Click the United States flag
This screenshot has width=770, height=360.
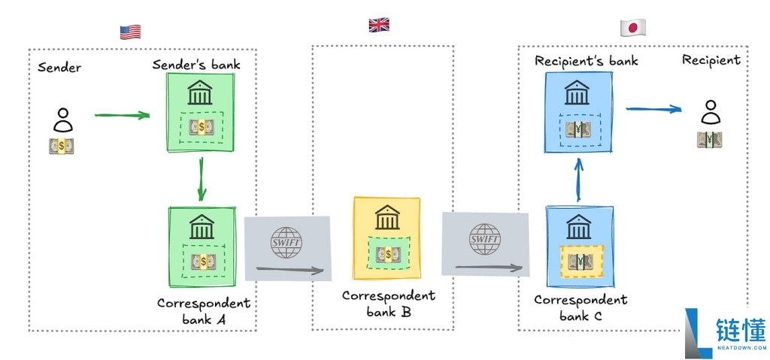(x=130, y=32)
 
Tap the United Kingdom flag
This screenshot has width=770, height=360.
(x=379, y=25)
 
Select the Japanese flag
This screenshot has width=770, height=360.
(x=632, y=27)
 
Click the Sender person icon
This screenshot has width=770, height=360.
(x=63, y=119)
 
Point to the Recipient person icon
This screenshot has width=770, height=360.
(x=710, y=112)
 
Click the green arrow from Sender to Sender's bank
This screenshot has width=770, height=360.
(x=123, y=116)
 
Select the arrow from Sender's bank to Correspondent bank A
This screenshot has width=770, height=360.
(x=201, y=180)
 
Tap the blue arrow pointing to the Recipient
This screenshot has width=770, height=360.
(x=653, y=109)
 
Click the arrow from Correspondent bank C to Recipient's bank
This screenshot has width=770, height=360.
(x=578, y=180)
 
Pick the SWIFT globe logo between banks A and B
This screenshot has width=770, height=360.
(x=286, y=243)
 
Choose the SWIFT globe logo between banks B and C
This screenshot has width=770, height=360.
(x=485, y=239)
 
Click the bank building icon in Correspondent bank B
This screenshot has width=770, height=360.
(x=387, y=217)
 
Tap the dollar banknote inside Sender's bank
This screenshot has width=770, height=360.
(x=202, y=127)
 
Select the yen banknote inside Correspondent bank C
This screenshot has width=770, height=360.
(x=580, y=262)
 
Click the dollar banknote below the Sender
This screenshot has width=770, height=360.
(x=62, y=146)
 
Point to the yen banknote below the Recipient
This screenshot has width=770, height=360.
(x=710, y=140)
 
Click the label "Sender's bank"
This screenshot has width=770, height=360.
(x=196, y=65)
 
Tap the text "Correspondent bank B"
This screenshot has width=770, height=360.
(x=389, y=304)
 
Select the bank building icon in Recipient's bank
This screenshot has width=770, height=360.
(x=577, y=92)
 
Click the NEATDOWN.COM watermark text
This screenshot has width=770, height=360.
(x=741, y=347)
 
